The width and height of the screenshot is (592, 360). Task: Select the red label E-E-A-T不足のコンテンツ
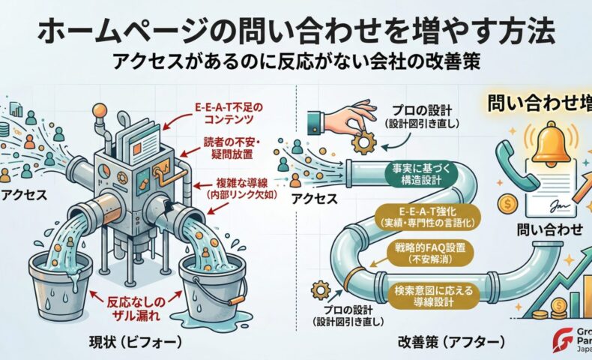tap(226, 112)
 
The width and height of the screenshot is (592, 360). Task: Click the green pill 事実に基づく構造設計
tap(408, 172)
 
